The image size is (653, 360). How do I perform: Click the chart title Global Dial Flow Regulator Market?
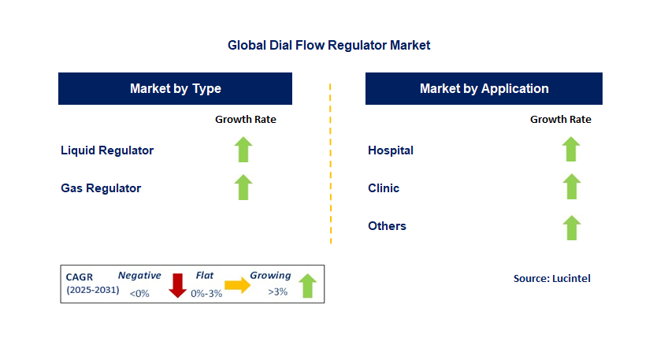328,46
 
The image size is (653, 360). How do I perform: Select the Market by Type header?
175,88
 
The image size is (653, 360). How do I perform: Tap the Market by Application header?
484,88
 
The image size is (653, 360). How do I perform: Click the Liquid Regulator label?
107,150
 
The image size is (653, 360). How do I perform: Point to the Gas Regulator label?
101,188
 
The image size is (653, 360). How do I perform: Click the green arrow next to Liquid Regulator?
243,150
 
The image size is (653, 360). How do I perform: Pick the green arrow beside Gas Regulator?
243,187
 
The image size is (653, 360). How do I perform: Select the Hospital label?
391,150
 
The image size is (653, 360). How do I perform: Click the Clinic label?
384,188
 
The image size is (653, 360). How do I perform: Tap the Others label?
387,226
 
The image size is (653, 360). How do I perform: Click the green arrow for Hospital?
571,150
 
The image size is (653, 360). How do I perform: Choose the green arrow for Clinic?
571,187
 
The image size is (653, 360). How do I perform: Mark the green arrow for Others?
571,228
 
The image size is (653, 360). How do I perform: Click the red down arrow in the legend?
177,285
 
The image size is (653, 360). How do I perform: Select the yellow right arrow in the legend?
237,285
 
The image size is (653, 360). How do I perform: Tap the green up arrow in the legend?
306,285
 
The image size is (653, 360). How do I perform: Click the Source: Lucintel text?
551,278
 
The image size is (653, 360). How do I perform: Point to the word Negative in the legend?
139,276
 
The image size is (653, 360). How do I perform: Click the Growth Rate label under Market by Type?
246,120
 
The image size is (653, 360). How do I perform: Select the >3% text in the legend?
277,292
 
